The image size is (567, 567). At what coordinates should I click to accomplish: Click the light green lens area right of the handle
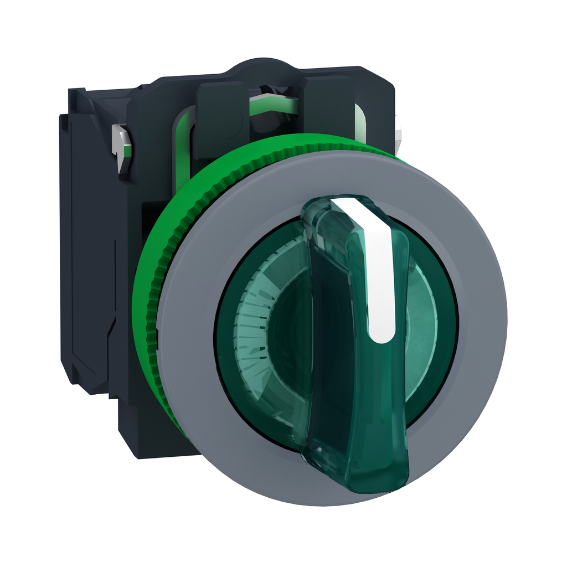pyautogui.click(x=421, y=310)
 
